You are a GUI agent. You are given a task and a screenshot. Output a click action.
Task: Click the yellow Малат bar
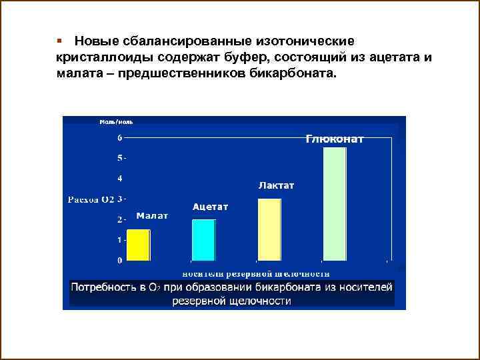(x=139, y=245)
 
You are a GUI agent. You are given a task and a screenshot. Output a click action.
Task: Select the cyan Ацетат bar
(x=203, y=239)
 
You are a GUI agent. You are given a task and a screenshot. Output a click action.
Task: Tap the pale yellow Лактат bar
(x=269, y=229)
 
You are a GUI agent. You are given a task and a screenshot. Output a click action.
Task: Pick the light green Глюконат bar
(x=334, y=203)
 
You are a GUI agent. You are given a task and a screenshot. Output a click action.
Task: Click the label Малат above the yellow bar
(x=152, y=216)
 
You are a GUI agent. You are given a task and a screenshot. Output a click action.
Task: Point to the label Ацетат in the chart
(x=210, y=207)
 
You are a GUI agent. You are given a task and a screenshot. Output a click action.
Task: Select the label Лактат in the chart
(x=276, y=185)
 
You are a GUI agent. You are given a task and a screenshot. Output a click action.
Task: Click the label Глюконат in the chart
(x=335, y=139)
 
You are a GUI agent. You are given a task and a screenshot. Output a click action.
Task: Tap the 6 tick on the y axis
(x=120, y=138)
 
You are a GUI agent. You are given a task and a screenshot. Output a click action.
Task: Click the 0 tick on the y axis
(x=120, y=260)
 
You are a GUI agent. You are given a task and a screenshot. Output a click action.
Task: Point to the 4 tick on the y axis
(x=120, y=179)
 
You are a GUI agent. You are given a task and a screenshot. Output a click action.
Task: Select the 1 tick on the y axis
(x=120, y=239)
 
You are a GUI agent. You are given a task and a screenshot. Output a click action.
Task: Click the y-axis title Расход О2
(x=91, y=199)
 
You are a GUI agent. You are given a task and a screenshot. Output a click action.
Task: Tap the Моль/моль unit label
(x=116, y=122)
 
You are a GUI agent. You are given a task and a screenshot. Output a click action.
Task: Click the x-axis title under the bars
(x=256, y=273)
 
